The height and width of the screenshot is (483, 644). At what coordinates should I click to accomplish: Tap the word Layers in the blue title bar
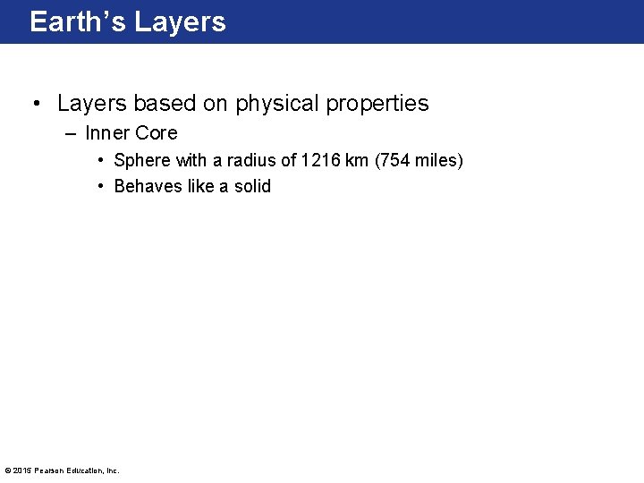pos(181,21)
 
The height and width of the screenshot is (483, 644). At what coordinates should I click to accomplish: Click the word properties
pos(377,104)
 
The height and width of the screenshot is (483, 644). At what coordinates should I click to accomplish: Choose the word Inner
pos(107,133)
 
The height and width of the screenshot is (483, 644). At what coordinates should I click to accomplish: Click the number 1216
pos(320,161)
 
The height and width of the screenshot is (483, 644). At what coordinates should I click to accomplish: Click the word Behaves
pos(148,187)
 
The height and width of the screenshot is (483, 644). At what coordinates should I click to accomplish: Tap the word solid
pos(252,187)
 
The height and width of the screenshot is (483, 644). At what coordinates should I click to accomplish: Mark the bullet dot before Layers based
pos(36,104)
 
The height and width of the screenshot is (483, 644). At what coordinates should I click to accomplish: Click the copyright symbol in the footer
pos(8,470)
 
